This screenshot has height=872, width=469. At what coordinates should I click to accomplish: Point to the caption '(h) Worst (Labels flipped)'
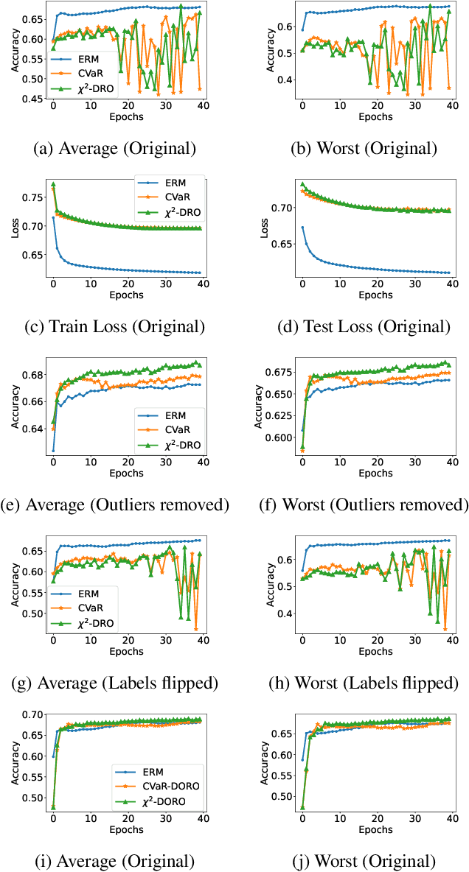point(366,683)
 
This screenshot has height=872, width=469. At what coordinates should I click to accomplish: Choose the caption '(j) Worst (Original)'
point(366,861)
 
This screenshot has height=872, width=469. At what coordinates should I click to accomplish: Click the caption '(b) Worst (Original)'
point(366,148)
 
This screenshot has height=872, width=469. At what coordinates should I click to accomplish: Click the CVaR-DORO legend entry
point(167,786)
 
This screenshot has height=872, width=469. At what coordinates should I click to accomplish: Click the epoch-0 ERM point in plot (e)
point(52,451)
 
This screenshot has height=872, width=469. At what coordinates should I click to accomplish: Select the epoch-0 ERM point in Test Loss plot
point(302,228)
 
